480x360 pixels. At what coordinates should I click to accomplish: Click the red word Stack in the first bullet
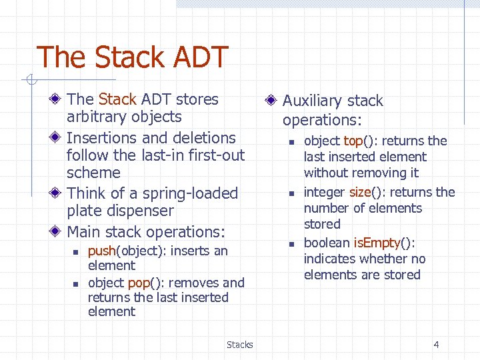pos(117,99)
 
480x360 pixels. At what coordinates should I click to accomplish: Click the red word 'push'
pos(102,251)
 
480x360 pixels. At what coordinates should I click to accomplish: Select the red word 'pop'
pos(138,283)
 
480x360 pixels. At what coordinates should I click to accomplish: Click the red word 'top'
pos(352,141)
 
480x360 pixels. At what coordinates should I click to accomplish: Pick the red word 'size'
pos(359,192)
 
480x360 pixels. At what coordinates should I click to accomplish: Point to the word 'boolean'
pos(326,243)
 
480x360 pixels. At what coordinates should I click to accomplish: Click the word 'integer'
pos(325,192)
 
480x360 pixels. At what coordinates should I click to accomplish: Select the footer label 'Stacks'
pos(239,345)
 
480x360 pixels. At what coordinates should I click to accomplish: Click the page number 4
pos(436,345)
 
